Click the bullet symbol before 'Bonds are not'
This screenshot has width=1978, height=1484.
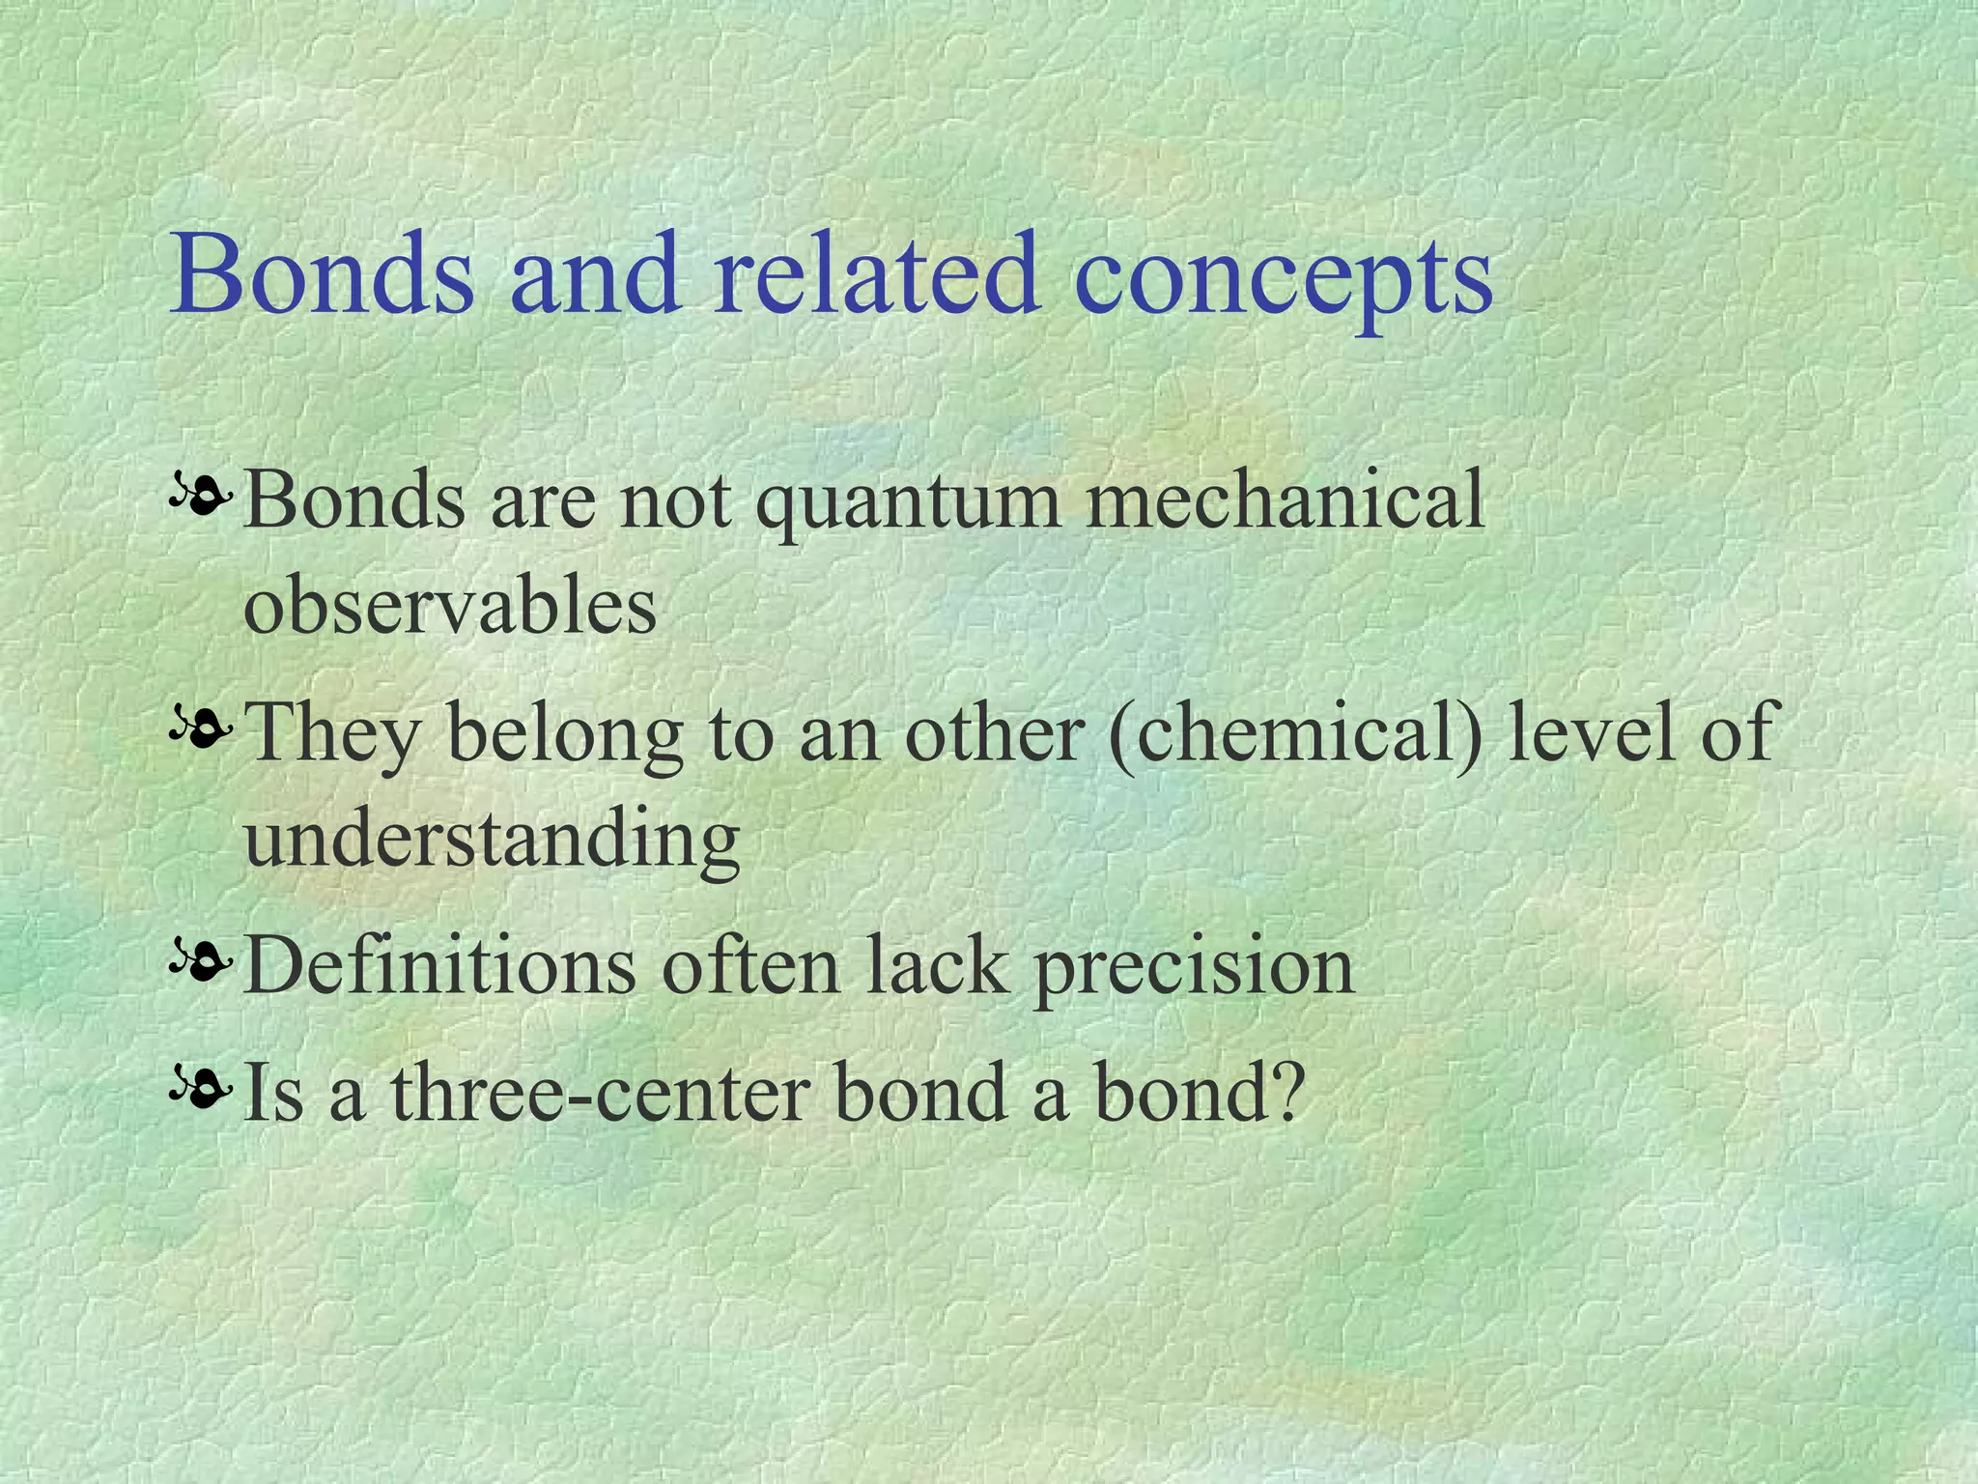point(201,498)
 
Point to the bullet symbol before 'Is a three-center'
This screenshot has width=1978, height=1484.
point(201,1092)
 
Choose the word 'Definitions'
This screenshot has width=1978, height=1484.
point(439,965)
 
